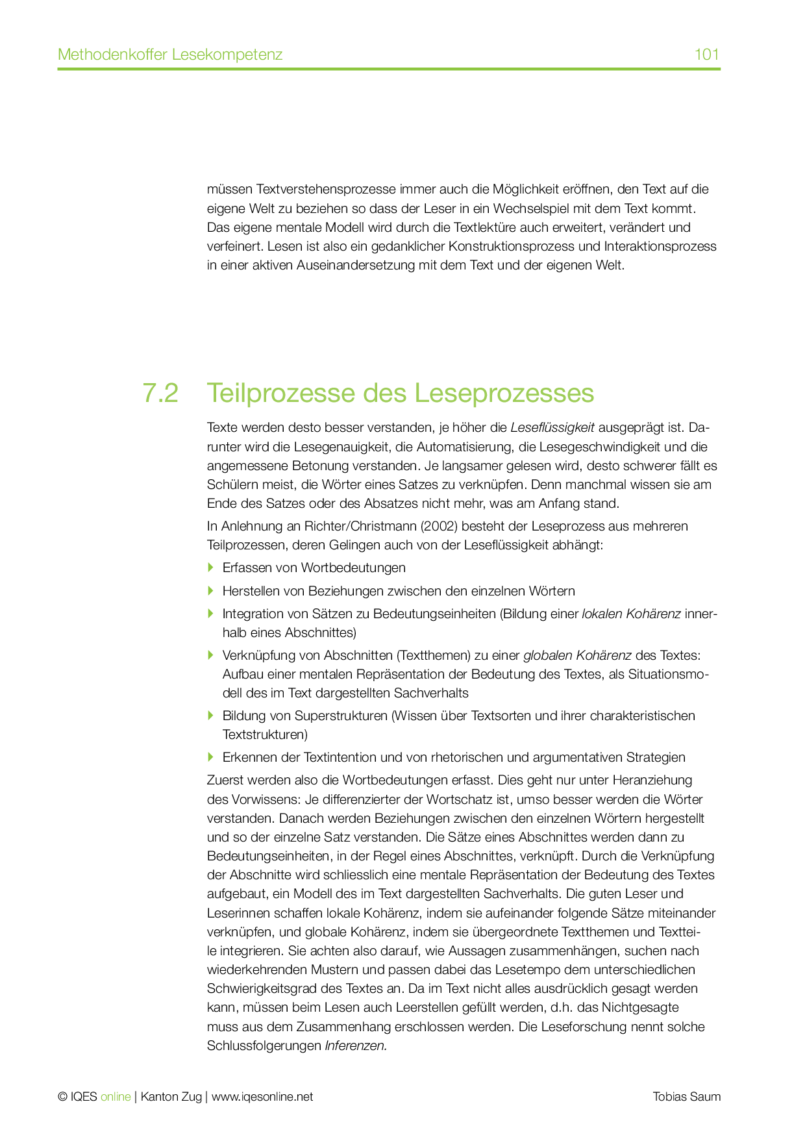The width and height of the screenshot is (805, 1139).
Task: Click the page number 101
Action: tap(706, 54)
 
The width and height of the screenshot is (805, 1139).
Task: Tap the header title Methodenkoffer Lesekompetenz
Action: tap(170, 54)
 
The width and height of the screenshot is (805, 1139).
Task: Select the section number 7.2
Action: tap(160, 394)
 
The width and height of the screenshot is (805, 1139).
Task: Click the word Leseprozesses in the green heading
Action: tap(504, 394)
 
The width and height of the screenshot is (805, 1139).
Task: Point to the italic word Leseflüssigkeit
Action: tap(552, 427)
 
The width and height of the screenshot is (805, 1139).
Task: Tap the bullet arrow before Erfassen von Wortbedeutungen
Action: tap(210, 568)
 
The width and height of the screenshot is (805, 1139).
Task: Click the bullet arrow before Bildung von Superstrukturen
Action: tap(210, 716)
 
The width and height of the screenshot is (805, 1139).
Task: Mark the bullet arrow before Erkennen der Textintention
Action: tap(210, 757)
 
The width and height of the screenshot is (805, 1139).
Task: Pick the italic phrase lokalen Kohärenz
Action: tap(631, 614)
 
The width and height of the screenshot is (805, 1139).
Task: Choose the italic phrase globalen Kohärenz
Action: tap(577, 655)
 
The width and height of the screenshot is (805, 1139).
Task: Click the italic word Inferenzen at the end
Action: tap(356, 1046)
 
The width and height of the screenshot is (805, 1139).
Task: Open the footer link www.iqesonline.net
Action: tap(262, 1097)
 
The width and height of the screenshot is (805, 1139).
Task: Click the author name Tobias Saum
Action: tap(686, 1097)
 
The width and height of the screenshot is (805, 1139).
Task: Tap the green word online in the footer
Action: tap(116, 1097)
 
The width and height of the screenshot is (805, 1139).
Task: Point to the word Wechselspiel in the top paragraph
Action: tap(532, 208)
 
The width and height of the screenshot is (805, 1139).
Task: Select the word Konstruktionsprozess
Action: tap(512, 246)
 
